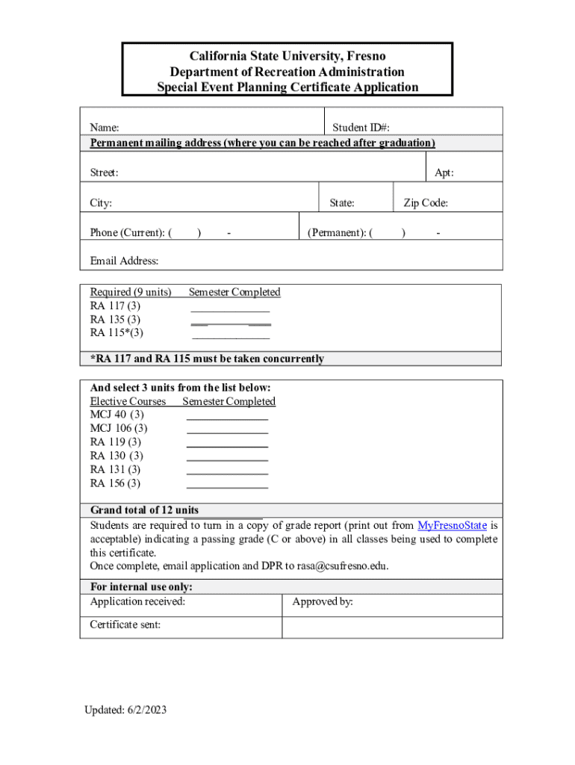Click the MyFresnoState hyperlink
453,525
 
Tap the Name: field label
105,128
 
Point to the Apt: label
444,173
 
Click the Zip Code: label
426,202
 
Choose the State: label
342,202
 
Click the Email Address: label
125,261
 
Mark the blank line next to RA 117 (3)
230,309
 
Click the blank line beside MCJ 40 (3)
227,416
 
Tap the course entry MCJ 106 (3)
119,428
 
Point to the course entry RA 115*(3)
116,332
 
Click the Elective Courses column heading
128,401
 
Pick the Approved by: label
323,601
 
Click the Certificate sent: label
125,625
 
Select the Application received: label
137,601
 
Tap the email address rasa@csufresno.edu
342,566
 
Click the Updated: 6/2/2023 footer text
125,709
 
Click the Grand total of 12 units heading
144,510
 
